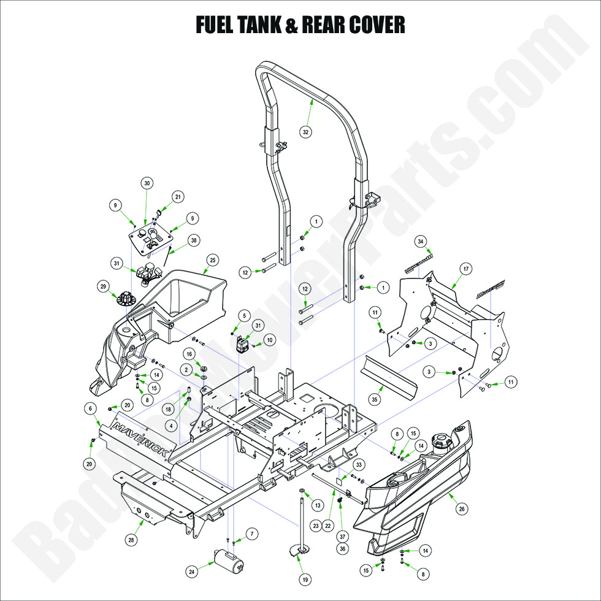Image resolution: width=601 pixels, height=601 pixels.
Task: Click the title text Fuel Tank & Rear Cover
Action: pos(300,25)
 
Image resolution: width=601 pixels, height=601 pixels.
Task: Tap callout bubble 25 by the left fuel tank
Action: pos(213,260)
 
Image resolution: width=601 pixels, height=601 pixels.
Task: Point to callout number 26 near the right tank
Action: pos(462,508)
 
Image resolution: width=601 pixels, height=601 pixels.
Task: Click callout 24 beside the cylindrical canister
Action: pos(192,572)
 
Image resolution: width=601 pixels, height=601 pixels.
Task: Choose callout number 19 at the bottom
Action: pos(305,579)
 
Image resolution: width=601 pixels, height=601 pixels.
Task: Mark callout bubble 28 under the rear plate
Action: pos(131,540)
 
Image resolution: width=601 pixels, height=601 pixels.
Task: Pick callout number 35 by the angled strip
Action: pos(375,399)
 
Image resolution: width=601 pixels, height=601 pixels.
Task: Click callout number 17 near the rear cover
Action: pos(465,269)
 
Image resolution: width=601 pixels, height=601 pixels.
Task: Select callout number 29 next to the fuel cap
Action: pos(102,286)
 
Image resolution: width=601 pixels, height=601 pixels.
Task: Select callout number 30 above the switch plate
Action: pos(147,183)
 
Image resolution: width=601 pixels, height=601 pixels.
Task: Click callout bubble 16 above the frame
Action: pos(189,354)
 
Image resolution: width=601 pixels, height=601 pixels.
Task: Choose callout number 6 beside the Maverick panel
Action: pos(90,408)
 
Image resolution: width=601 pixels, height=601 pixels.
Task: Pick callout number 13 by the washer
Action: pos(317,505)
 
